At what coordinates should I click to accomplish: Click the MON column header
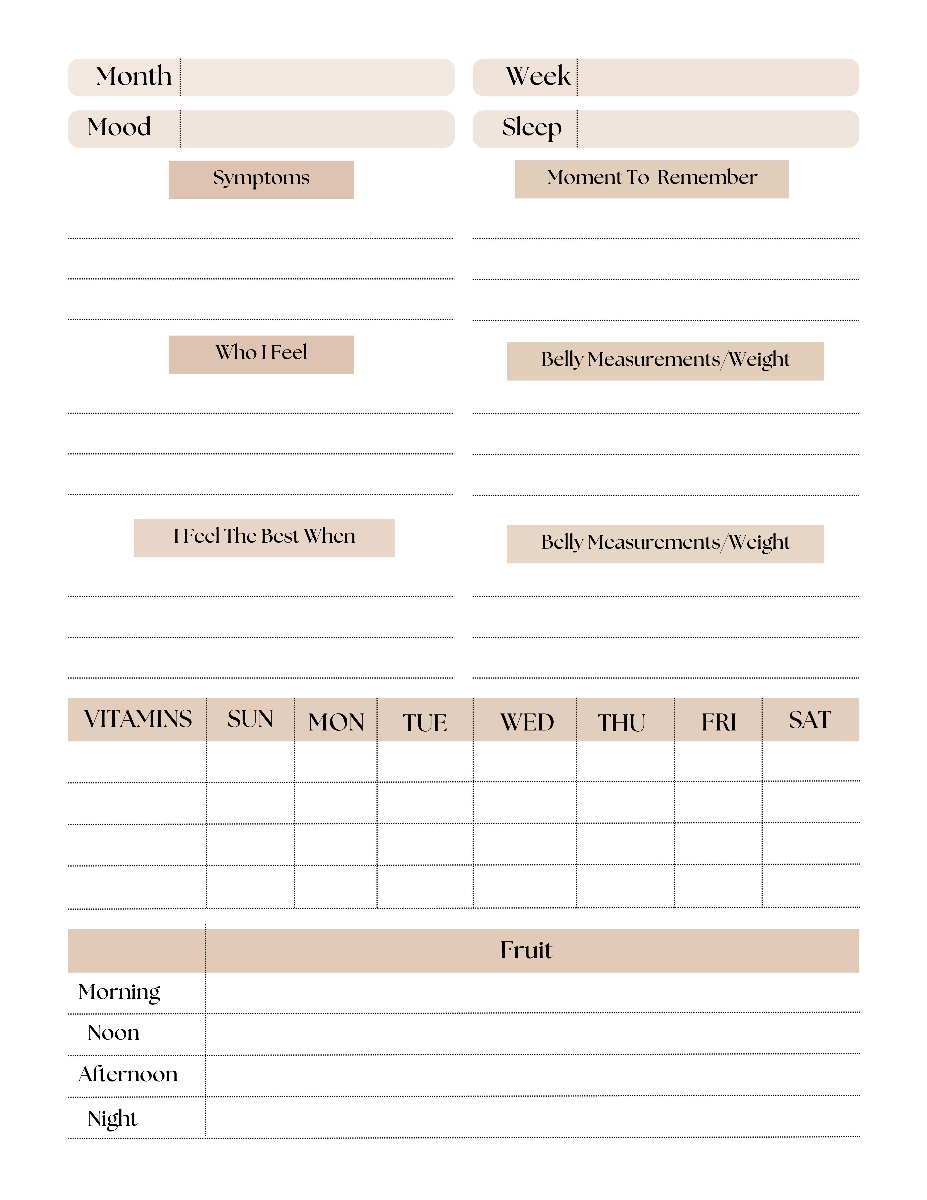336,722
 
